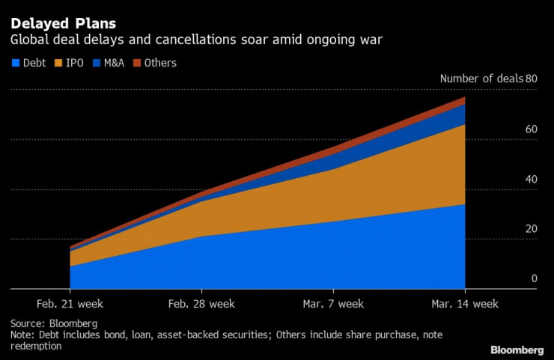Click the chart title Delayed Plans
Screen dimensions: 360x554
pyautogui.click(x=63, y=22)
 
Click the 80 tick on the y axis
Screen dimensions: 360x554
pyautogui.click(x=532, y=79)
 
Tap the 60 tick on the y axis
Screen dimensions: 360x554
pyautogui.click(x=532, y=129)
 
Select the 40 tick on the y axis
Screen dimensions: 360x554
pyautogui.click(x=532, y=180)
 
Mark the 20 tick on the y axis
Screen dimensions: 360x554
pyautogui.click(x=532, y=229)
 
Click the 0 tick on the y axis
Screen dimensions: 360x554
pyautogui.click(x=535, y=278)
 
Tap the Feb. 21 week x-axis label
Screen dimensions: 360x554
pyautogui.click(x=70, y=304)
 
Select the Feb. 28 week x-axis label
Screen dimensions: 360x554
pyautogui.click(x=201, y=304)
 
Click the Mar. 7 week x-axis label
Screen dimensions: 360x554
pyautogui.click(x=333, y=304)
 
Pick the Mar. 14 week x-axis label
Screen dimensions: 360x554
pyautogui.click(x=465, y=304)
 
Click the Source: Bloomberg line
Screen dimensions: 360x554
pyautogui.click(x=55, y=323)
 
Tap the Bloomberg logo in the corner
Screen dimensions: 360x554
pyautogui.click(x=517, y=350)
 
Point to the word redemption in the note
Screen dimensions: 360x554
pyautogui.click(x=36, y=347)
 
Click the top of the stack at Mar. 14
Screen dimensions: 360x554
pyautogui.click(x=465, y=97)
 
